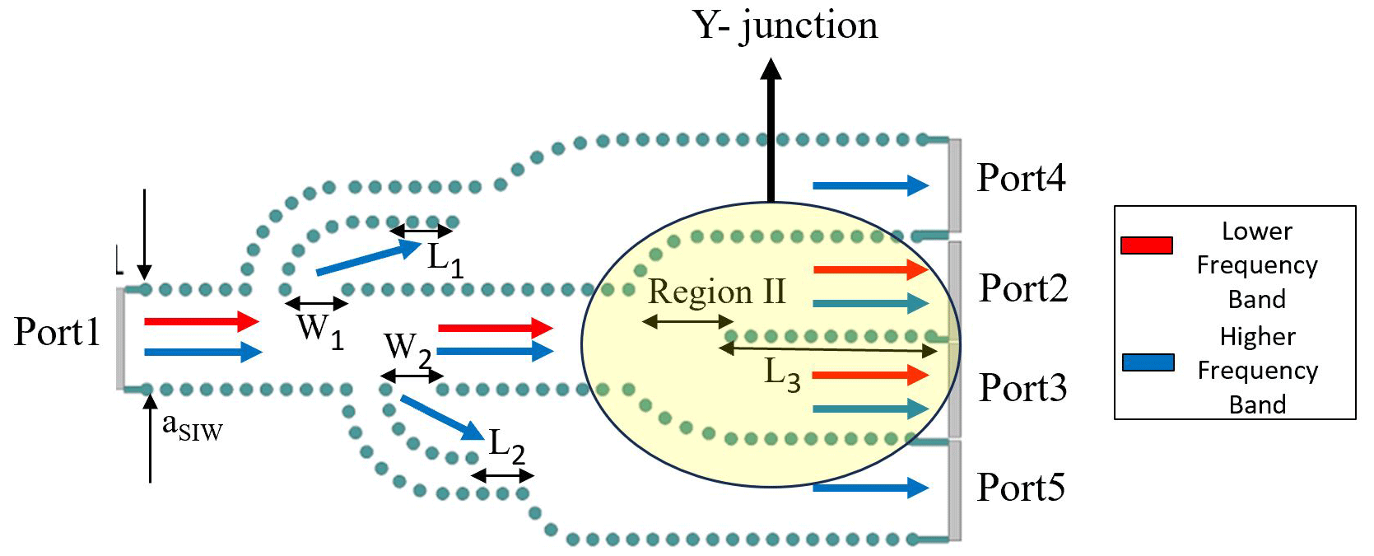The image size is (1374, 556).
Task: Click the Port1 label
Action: (57, 332)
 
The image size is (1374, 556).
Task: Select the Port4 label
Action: (1021, 178)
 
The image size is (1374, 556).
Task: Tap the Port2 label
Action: (1022, 288)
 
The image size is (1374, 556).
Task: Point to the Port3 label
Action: (1022, 388)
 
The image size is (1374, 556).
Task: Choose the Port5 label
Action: (1021, 488)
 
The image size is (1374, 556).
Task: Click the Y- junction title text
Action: (785, 25)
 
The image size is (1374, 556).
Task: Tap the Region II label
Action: (716, 292)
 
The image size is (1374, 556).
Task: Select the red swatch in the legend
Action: (1146, 245)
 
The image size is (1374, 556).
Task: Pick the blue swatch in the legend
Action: (1148, 362)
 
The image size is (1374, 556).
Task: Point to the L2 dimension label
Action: (506, 446)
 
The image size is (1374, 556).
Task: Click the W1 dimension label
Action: (320, 329)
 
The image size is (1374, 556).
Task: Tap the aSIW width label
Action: (192, 426)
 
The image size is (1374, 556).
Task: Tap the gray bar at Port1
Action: (121, 338)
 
